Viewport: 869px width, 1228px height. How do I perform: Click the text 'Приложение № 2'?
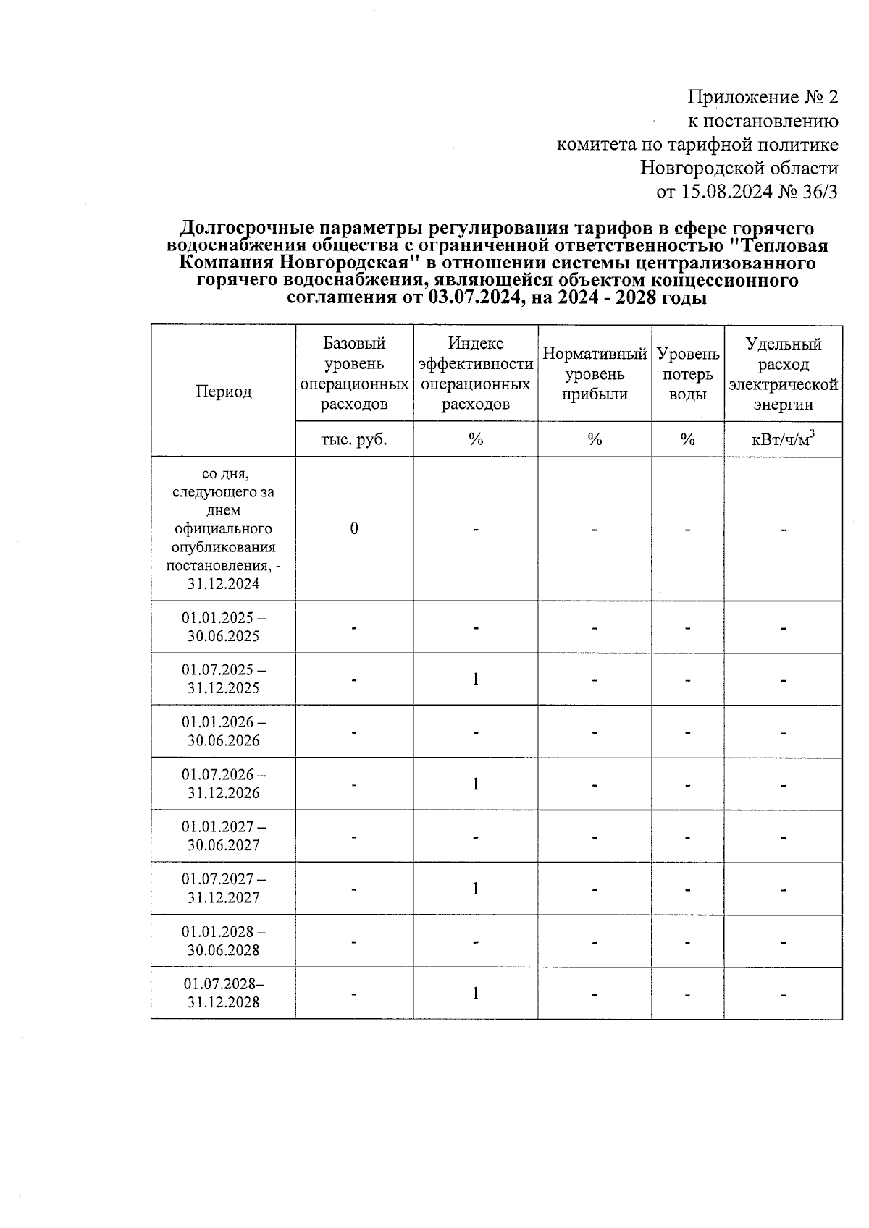point(763,97)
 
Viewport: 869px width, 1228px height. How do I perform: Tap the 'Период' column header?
point(223,391)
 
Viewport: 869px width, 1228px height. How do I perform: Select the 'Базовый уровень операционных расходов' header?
point(354,373)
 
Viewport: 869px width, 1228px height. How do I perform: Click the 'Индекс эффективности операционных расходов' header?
point(475,373)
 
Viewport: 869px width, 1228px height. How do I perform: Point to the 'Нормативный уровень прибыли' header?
point(595,374)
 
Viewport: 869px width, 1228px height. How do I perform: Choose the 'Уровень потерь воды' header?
point(687,374)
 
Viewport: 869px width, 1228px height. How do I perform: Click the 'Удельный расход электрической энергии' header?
point(783,373)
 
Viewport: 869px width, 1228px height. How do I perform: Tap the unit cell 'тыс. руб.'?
point(354,439)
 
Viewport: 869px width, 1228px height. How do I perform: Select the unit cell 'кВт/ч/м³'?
point(783,439)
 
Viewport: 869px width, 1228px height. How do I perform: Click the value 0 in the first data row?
point(354,528)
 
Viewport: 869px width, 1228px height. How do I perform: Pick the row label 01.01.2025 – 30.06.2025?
point(223,627)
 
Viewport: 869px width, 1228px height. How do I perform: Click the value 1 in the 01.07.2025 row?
point(475,679)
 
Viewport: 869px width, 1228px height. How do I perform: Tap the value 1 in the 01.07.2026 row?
point(475,784)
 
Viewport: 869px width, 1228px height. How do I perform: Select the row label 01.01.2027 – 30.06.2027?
point(223,836)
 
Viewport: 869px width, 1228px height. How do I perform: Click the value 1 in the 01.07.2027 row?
point(475,888)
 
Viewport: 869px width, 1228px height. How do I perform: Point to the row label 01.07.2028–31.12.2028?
point(223,993)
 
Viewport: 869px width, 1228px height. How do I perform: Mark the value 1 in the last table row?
point(475,993)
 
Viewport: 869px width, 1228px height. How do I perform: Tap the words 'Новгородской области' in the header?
point(739,169)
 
